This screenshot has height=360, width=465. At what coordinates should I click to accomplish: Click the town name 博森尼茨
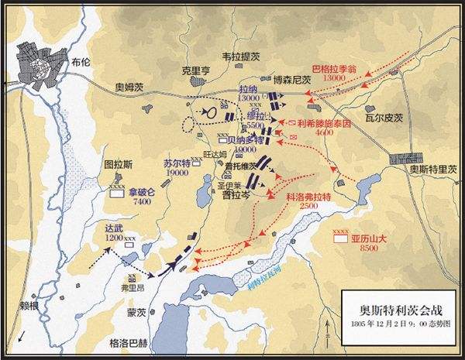click(x=291, y=79)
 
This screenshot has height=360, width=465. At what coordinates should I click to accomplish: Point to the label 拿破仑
click(x=142, y=190)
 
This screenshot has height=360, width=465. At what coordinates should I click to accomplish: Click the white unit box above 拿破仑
click(x=118, y=194)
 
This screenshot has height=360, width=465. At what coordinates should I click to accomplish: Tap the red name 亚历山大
click(x=368, y=239)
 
